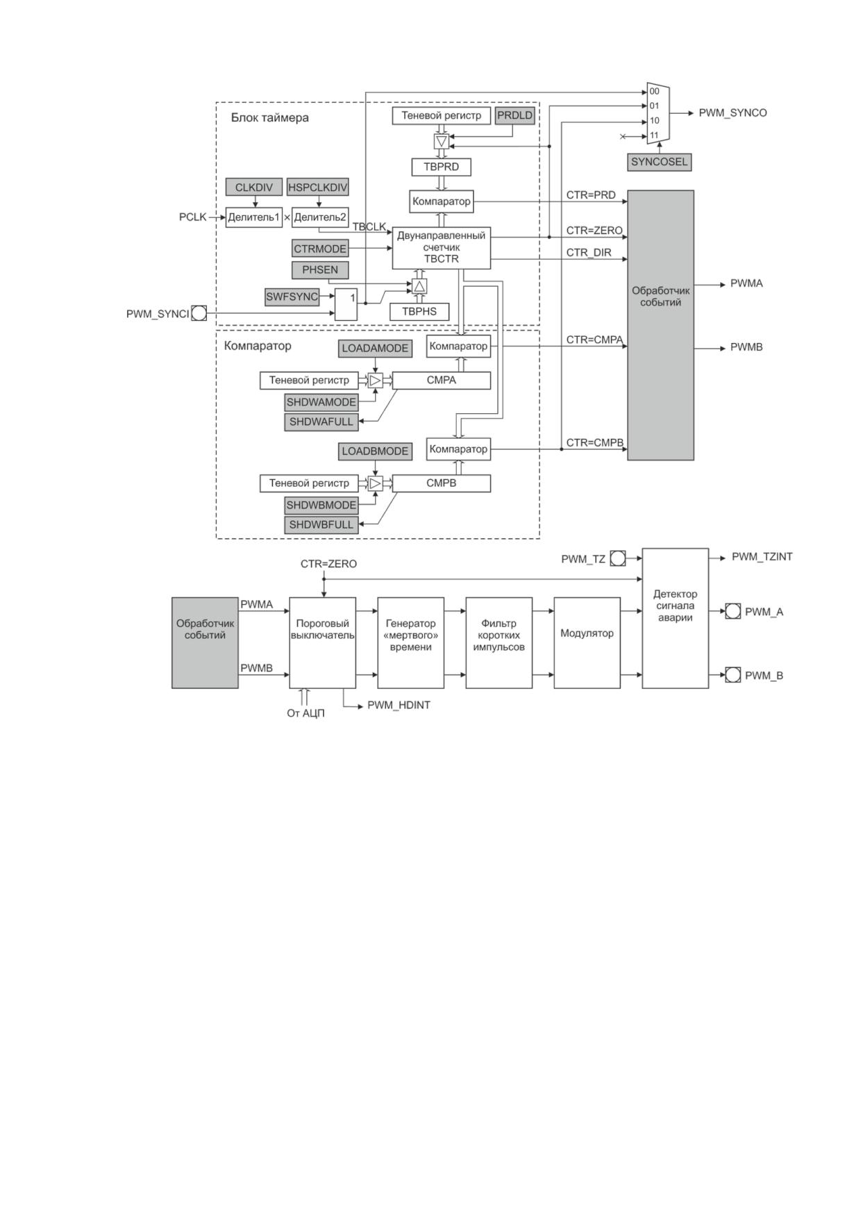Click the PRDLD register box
coord(515,116)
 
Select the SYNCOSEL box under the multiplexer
coord(659,162)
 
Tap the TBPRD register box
coord(442,167)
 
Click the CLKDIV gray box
coord(254,187)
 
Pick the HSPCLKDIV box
coord(318,187)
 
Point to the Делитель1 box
coord(254,217)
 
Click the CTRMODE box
coord(320,249)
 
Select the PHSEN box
coord(320,269)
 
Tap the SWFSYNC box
coord(292,297)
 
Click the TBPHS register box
coord(419,312)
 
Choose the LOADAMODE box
coord(375,349)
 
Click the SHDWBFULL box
coord(321,525)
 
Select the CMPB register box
coord(442,483)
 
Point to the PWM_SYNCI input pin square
coord(199,313)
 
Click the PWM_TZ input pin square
coord(617,558)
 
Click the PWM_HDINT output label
coord(399,706)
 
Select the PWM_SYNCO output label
coord(733,113)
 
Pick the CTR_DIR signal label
coord(589,253)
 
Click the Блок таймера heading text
coord(270,118)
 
